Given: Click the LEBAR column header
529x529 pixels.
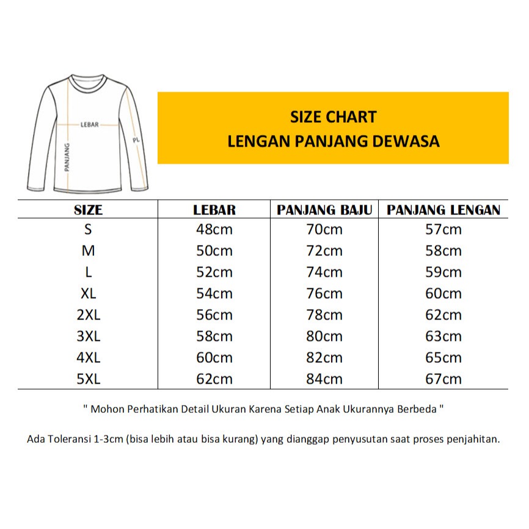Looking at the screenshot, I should pos(214,210).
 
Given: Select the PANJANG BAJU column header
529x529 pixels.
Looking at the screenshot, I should pos(324,210).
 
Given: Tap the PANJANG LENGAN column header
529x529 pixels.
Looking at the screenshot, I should pos(443,210).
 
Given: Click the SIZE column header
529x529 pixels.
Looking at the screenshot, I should pos(88,210).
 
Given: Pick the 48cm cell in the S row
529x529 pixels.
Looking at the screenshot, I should pos(214,230).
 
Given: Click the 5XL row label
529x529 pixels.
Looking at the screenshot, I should pos(88,379).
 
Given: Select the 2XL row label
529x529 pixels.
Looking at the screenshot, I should pos(88,315).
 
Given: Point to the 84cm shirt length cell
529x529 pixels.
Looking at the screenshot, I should pos(324,379).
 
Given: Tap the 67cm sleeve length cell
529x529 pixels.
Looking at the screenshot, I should pos(443,379).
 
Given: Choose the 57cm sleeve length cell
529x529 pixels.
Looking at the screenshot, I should pos(443,230).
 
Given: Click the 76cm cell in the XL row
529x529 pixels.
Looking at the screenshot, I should pos(324,293).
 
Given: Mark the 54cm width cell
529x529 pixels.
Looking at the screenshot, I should pos(214,293).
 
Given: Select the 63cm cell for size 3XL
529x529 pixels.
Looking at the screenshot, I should pos(443,336).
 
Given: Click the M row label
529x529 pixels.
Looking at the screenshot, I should pos(88,250).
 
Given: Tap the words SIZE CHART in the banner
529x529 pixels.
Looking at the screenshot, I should pos(333,117).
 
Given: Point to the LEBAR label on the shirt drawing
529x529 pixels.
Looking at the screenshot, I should pos(89,124).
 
